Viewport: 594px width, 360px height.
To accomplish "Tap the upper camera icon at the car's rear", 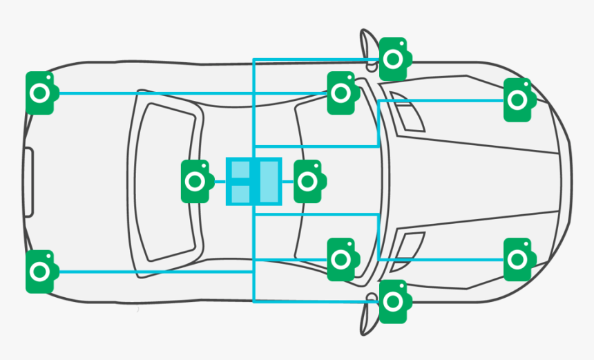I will coord(41,93).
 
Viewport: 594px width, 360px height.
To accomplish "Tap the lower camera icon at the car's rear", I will coord(41,272).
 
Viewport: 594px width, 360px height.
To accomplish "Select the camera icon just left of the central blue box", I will coord(195,182).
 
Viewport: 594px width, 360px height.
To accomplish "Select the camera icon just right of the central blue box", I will coord(308,182).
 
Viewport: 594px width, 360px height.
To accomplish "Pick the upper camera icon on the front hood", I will coord(518,100).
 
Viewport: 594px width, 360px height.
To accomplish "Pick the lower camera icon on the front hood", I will coord(518,260).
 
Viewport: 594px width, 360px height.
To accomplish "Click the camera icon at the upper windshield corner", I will coord(341,93).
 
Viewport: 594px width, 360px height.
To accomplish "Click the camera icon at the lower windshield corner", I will coord(341,260).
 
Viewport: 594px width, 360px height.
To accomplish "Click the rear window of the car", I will coord(166,182).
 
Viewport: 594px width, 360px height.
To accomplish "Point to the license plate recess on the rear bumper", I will coord(28,182).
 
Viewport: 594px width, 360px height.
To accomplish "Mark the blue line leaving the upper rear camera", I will coord(173,93).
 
